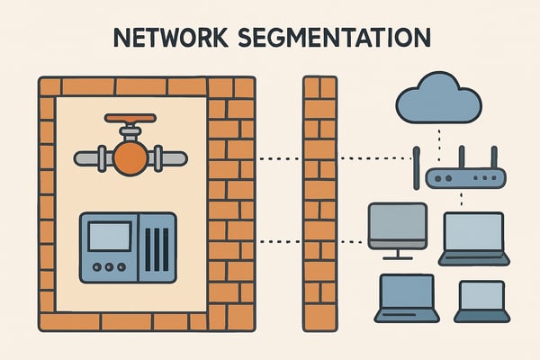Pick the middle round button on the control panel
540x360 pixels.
(108, 266)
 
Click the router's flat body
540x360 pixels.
(460, 179)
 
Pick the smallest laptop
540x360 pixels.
(481, 300)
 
